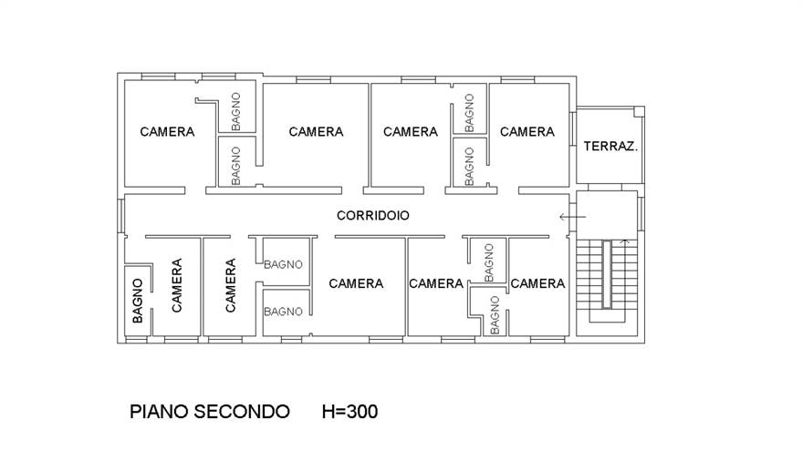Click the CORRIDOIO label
point(372,216)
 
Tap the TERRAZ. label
point(610,146)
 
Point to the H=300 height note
point(349,412)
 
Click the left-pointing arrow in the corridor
point(572,217)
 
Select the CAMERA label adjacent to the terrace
point(527,132)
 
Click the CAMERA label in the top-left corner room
point(167,132)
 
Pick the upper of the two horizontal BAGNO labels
point(283,265)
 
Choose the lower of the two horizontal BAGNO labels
point(283,312)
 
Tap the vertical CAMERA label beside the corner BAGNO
point(176,285)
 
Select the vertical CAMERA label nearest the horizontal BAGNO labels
point(230,285)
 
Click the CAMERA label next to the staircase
point(537,283)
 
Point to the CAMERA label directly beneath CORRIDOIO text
point(356,283)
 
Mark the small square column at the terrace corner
point(639,111)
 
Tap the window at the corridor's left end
point(120,216)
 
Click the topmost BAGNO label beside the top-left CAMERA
point(235,110)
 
